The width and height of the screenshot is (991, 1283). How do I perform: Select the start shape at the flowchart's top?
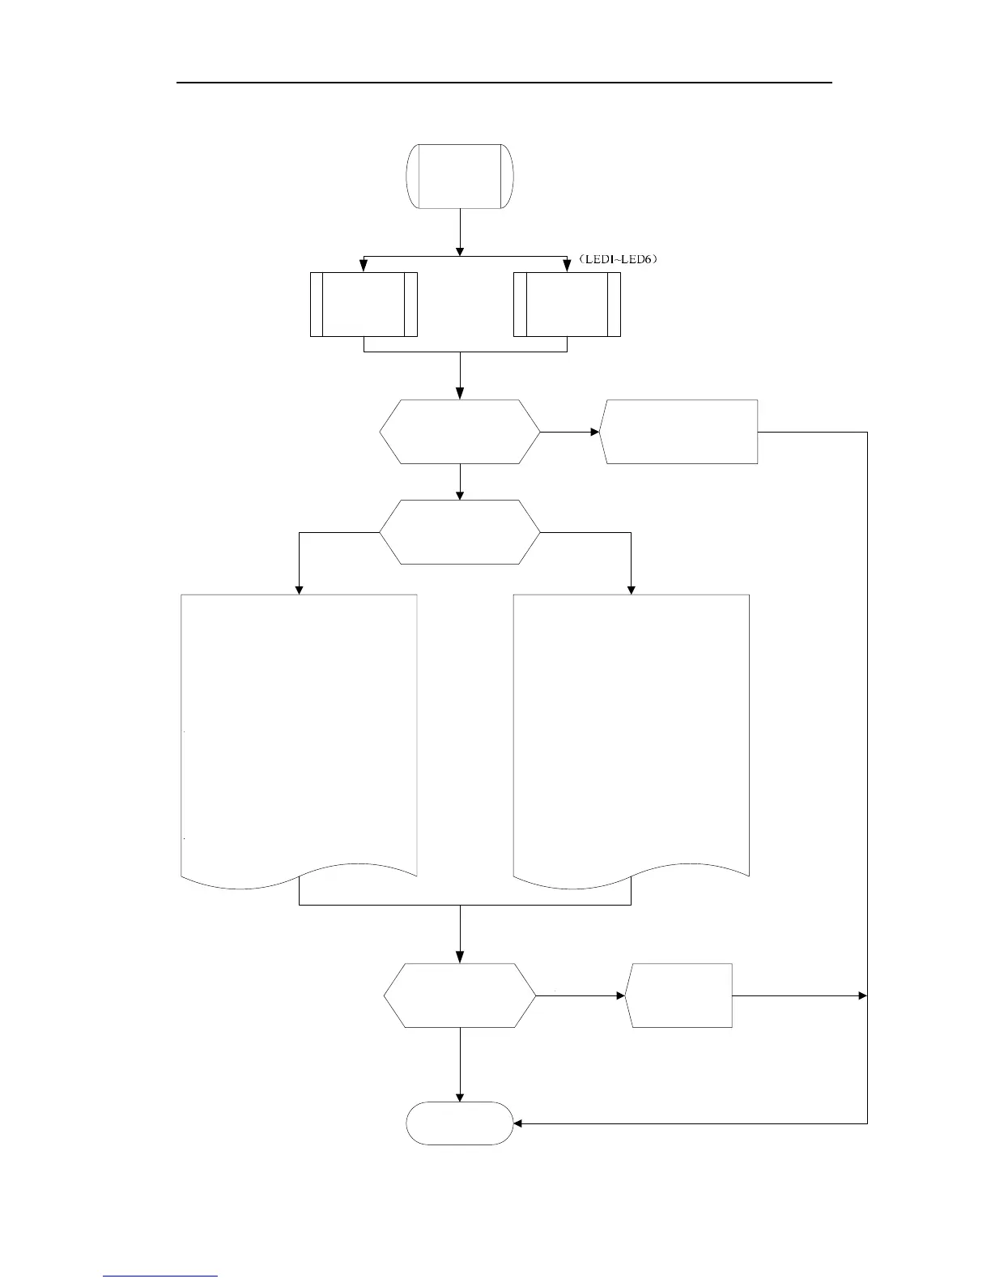point(460,177)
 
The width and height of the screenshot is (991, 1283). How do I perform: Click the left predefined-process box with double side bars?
point(364,305)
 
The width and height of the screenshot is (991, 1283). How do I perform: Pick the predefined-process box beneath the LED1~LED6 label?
point(567,305)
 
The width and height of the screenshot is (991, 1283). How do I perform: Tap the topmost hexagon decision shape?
point(460,432)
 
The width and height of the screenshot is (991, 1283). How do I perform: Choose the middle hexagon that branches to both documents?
point(460,532)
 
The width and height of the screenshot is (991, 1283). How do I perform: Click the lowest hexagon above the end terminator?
point(460,995)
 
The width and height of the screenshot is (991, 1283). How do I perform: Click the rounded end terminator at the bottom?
point(460,1123)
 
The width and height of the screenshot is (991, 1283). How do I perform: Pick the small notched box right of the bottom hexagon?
point(680,995)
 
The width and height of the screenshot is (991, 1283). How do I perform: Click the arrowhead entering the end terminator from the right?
point(519,1123)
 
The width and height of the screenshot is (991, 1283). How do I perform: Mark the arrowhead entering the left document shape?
point(300,590)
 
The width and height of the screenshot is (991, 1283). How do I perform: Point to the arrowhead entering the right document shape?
point(632,590)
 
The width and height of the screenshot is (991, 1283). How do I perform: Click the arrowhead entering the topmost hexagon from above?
point(460,394)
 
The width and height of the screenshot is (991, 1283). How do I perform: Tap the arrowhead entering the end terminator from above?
point(460,1097)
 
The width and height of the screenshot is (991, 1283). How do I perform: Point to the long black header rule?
point(504,83)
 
